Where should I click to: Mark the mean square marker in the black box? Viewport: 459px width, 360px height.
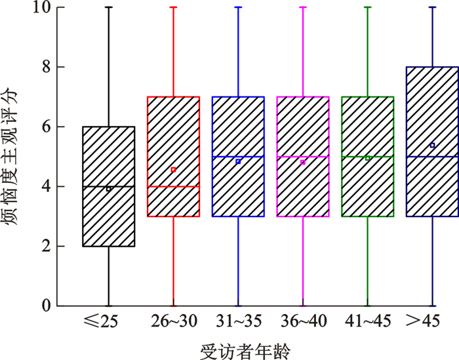coord(109,189)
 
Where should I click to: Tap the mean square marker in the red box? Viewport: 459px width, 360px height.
coord(173,170)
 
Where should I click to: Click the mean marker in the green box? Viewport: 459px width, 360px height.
coord(368,158)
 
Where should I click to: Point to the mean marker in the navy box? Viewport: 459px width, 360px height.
coord(433,145)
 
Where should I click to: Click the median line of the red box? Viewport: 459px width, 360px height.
coord(157,186)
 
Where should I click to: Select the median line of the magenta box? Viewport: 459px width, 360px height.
coord(289,157)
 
